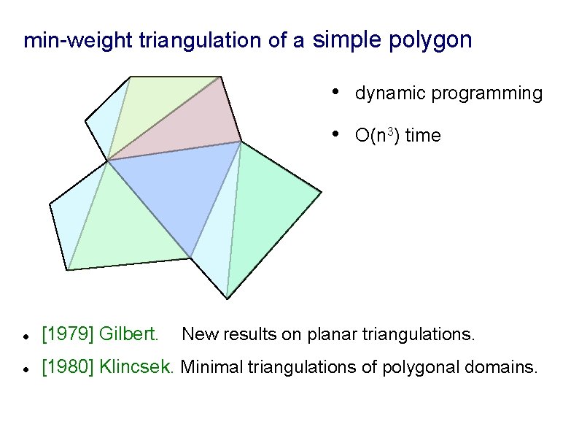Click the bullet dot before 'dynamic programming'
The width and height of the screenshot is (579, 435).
point(333,92)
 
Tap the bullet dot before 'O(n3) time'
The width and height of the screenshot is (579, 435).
point(333,134)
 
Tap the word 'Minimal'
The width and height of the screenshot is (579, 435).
point(211,366)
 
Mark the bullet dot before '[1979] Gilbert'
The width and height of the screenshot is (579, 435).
point(26,336)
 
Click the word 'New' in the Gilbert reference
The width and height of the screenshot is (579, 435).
point(196,335)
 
